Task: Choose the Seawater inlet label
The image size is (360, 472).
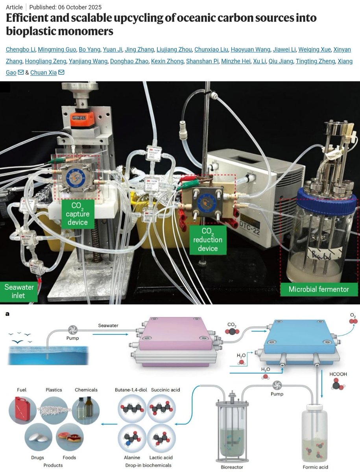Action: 19,291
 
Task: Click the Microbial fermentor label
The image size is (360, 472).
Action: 319,289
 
